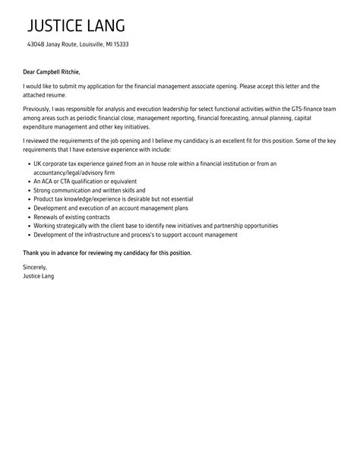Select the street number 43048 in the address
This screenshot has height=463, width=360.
coord(37,44)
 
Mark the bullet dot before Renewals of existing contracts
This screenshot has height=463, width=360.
coord(27,217)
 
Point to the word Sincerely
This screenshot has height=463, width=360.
coord(36,268)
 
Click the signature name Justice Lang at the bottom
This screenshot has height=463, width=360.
coord(39,276)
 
